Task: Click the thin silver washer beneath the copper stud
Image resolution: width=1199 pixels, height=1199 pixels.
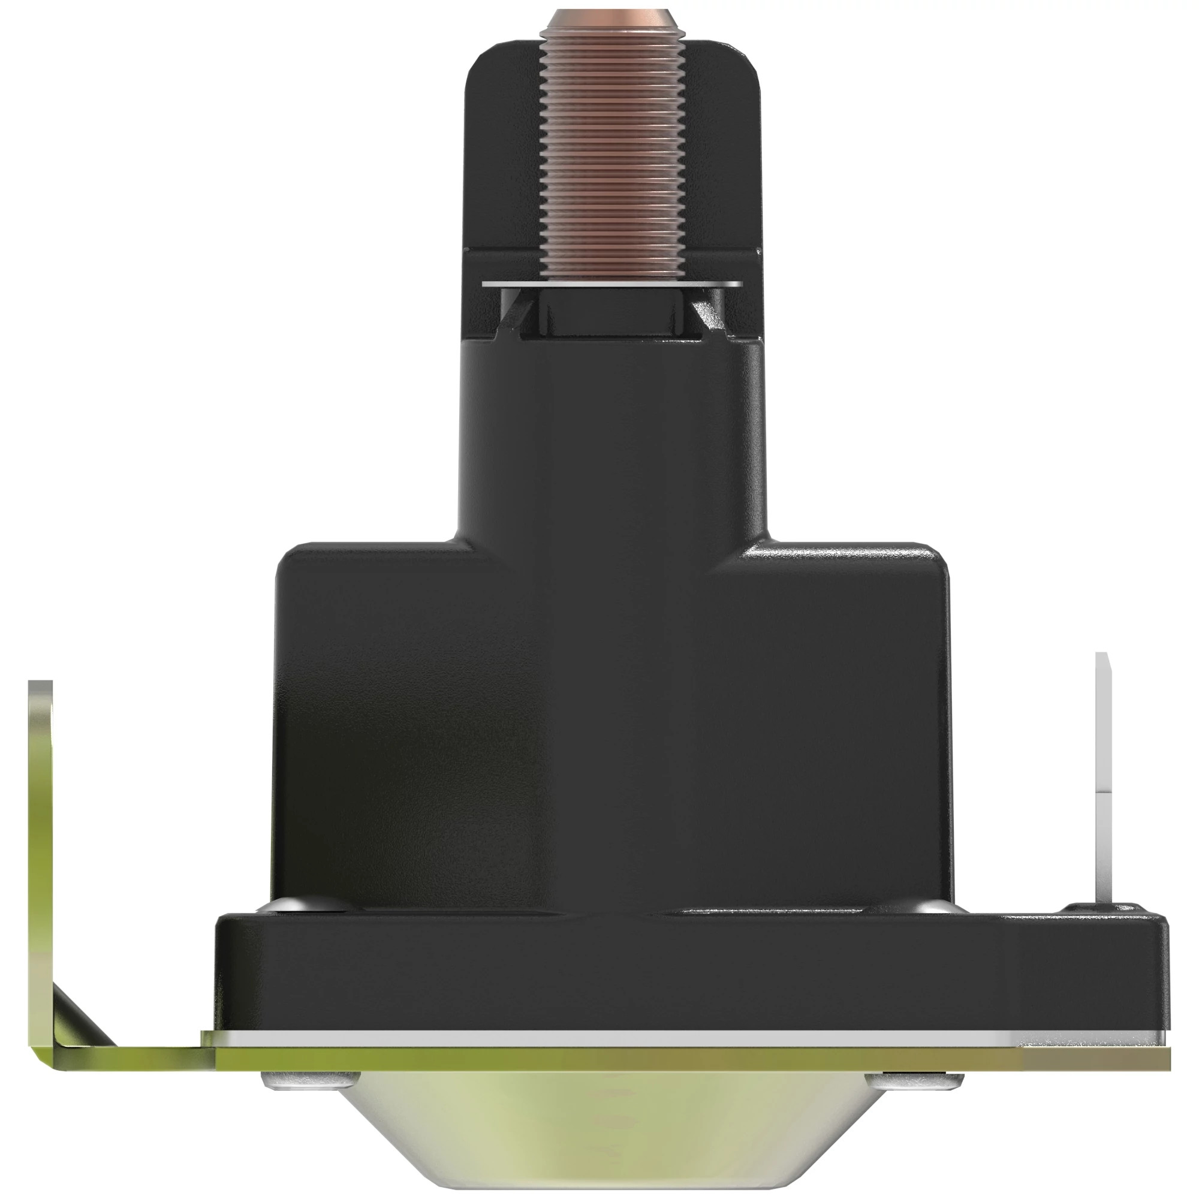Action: click(611, 284)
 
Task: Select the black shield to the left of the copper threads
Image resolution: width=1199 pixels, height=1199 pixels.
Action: click(503, 155)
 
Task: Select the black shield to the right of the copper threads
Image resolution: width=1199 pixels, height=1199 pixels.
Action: click(723, 155)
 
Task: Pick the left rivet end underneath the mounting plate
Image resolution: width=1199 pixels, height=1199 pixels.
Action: click(304, 1081)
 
